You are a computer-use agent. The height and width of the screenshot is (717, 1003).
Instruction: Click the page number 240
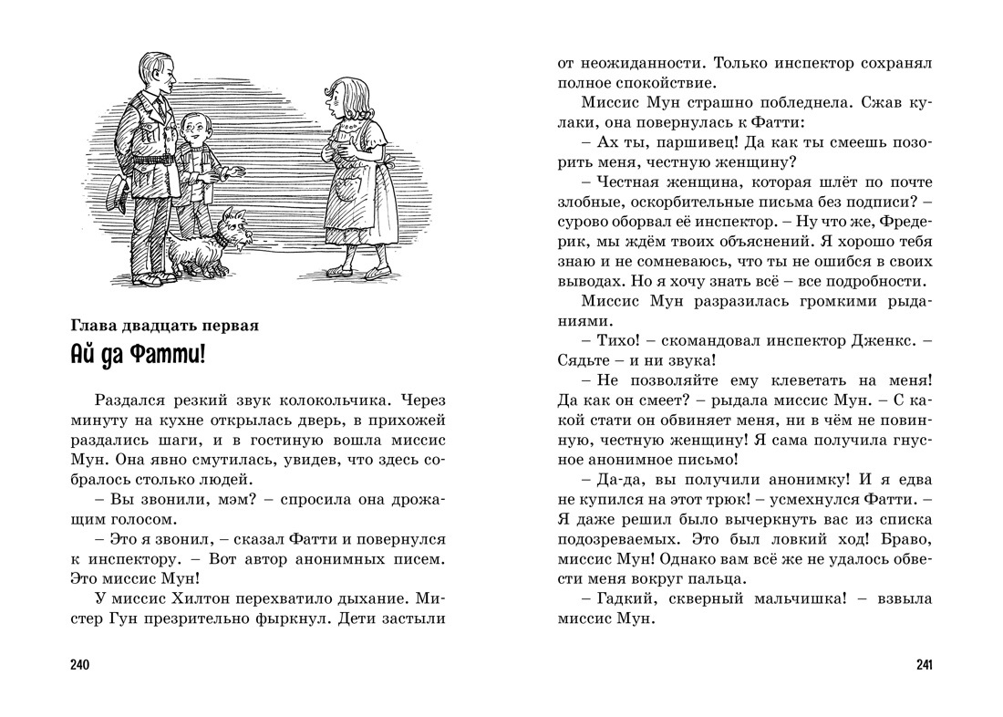(x=79, y=664)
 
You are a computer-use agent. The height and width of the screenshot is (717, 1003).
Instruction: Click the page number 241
(x=923, y=664)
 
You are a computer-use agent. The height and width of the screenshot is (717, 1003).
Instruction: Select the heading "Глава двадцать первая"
(x=165, y=324)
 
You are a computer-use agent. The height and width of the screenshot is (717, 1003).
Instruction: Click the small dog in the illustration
(x=206, y=244)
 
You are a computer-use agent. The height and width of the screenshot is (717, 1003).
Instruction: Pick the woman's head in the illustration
(x=344, y=94)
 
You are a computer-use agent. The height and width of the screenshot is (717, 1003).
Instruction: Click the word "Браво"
(x=899, y=538)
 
